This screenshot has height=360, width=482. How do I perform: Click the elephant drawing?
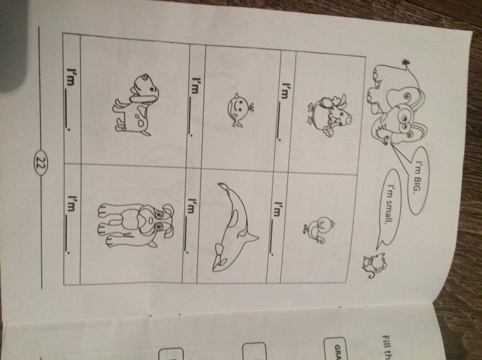397,105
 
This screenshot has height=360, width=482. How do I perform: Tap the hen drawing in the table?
330,115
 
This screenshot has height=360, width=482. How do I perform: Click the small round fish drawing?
240,109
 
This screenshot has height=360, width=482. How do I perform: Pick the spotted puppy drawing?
136,105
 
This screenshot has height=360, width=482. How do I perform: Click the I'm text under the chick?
278,209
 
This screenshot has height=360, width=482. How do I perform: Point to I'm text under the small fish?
195,85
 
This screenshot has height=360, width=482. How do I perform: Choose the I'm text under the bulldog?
71,204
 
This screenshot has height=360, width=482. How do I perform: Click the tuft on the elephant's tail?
406,64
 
